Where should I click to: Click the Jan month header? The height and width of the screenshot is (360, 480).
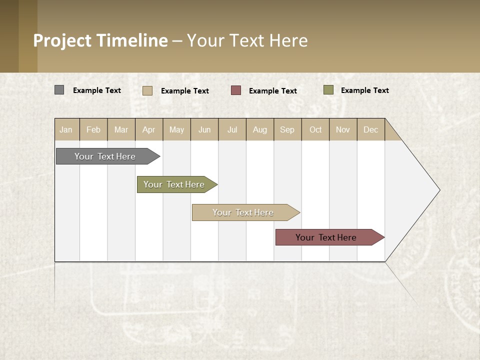point(66,129)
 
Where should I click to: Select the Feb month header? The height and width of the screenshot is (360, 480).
point(93,129)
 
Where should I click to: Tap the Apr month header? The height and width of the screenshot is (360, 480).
point(149,129)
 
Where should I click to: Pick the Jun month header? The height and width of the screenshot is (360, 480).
point(204,129)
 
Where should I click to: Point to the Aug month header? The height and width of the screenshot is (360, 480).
point(260,129)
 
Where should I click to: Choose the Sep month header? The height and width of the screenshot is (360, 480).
point(287,129)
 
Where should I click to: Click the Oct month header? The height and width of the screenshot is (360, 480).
point(315,129)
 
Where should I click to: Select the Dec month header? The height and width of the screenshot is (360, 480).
point(371,129)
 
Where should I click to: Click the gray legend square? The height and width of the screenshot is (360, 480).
point(59,90)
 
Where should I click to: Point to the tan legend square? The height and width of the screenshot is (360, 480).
point(147,90)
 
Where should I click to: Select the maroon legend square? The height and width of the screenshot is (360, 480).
point(236,90)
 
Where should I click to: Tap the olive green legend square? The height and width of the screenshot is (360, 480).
point(328,90)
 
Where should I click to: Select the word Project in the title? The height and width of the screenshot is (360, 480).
point(62,40)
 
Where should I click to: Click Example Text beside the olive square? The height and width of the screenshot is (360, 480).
point(364,90)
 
